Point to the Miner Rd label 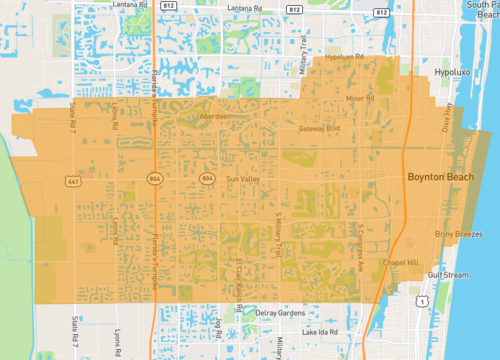(358, 99)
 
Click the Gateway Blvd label (320, 128)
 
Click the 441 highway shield (74, 181)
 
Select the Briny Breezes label (459, 234)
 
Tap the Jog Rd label (216, 328)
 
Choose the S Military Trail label (279, 232)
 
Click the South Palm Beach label (477, 11)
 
